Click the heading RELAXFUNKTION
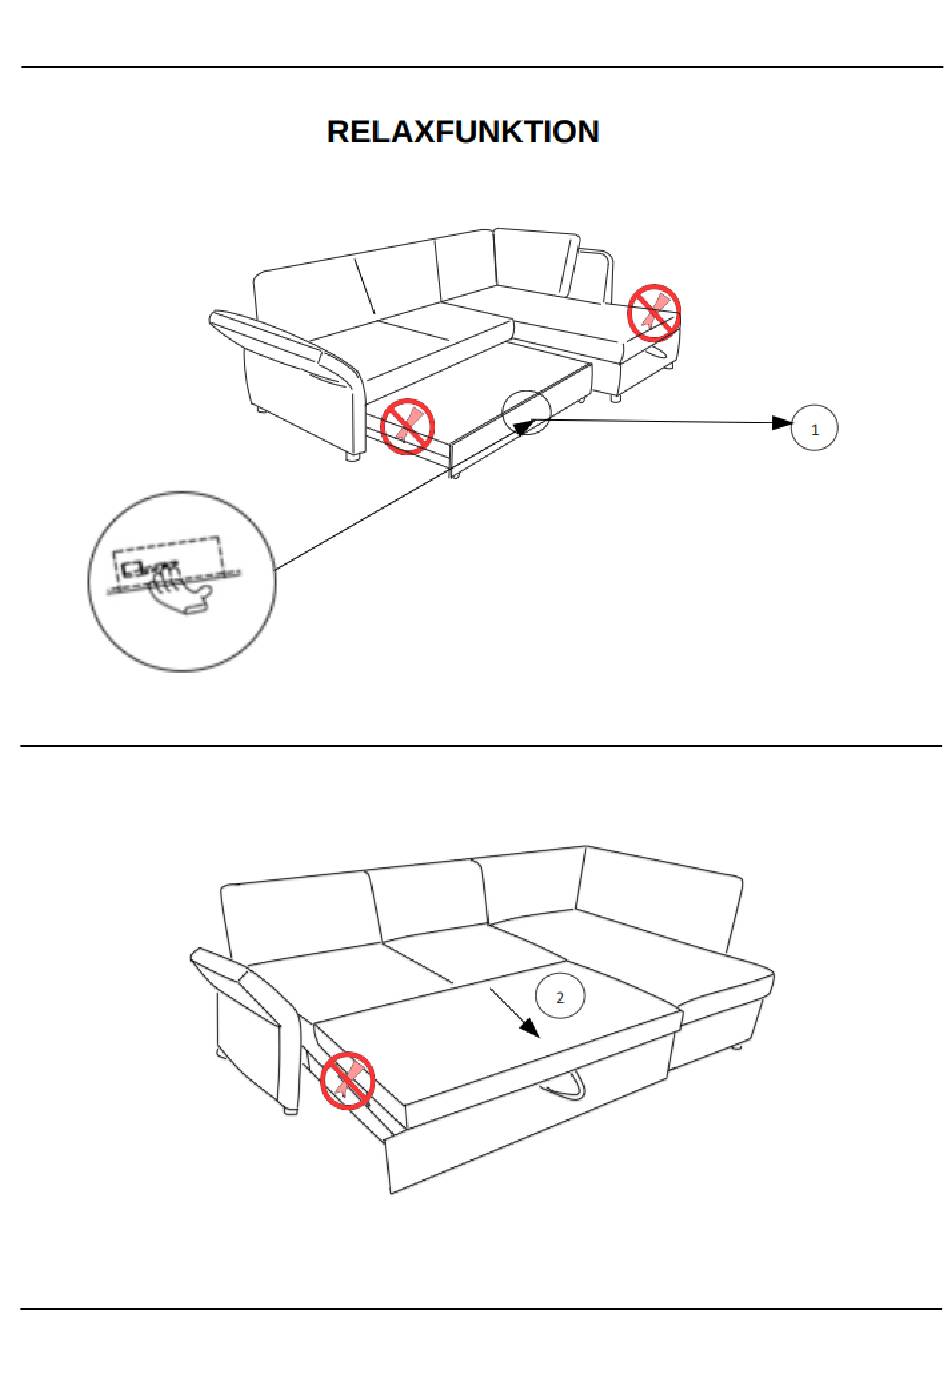[463, 132]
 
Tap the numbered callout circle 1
[814, 429]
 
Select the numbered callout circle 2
[560, 997]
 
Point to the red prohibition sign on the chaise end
[654, 312]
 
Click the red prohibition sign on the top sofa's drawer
[407, 426]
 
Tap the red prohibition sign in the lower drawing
[346, 1080]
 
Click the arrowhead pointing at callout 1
[781, 423]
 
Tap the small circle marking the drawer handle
[526, 412]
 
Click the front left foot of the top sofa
[352, 457]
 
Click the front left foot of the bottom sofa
[290, 1109]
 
